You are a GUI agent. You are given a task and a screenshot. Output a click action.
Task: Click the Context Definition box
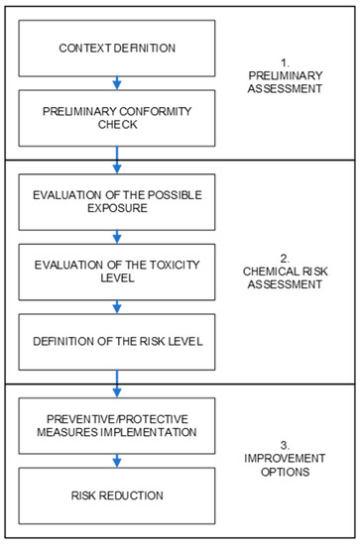(x=117, y=48)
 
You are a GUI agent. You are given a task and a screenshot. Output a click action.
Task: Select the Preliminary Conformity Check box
(x=117, y=117)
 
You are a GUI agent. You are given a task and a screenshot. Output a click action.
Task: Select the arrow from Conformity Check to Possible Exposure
(x=117, y=160)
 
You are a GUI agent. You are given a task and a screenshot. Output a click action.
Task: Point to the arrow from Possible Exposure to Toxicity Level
(x=117, y=237)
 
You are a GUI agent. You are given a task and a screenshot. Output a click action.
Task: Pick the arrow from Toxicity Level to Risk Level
(x=117, y=305)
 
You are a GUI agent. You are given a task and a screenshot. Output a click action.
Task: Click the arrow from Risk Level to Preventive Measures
(x=117, y=381)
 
